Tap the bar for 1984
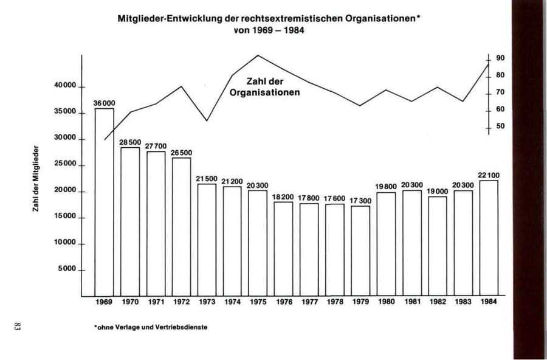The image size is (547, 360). pyautogui.click(x=489, y=238)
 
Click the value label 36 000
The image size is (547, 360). pyautogui.click(x=104, y=104)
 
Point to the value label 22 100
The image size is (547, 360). pyautogui.click(x=489, y=176)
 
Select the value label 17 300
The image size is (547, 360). pyautogui.click(x=360, y=201)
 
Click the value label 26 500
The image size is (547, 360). pyautogui.click(x=181, y=153)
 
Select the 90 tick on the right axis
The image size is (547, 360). pyautogui.click(x=500, y=58)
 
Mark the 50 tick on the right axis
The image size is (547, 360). pyautogui.click(x=500, y=126)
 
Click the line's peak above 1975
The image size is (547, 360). pyautogui.click(x=258, y=55)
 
